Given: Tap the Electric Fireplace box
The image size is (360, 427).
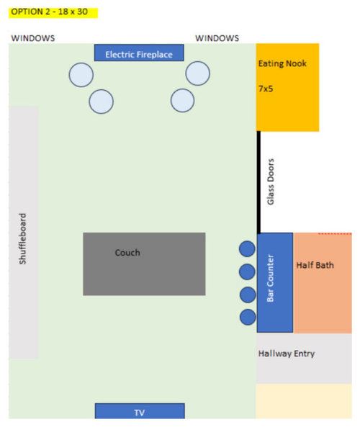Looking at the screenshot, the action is coord(139,53).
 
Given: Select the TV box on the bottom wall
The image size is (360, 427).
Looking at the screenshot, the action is coord(140,411).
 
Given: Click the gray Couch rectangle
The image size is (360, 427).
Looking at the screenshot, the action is coord(144,264).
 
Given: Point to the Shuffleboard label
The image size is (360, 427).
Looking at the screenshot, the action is coord(22,238).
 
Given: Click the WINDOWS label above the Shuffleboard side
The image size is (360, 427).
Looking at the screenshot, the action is coord(33,38).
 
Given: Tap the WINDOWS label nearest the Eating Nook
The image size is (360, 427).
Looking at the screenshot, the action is coord(217,38).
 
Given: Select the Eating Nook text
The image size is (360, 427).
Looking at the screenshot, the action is coord(282,63).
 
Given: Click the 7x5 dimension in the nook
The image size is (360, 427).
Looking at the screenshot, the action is coord(266,89).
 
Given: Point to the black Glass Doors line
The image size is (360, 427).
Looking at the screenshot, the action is coord(258,182).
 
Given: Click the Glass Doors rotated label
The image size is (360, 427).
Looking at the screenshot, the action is coord(271,181).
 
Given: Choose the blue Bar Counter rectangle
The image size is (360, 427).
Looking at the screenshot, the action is coord(275,282).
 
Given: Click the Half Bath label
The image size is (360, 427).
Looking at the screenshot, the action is coord(315,265).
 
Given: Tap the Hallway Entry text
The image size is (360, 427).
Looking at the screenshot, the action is coord(287,354).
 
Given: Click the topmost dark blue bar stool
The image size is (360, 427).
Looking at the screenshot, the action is coord(247,249).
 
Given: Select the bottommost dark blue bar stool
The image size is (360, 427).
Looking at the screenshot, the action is coord(248,317).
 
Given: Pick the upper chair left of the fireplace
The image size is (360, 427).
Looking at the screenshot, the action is coord(81,75).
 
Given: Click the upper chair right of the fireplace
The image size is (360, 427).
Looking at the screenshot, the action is coord(198,73).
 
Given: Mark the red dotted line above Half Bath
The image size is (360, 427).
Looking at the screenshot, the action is coord(335,233).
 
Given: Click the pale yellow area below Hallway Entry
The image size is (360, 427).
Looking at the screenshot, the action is coord(304,401).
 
